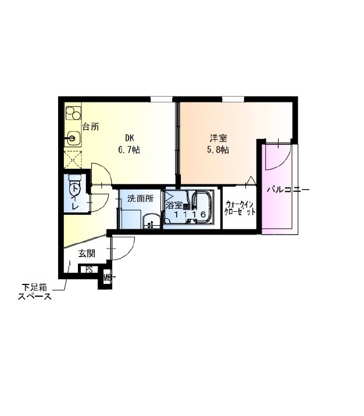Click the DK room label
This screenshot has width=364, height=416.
click(129, 138)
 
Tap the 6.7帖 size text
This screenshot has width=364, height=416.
click(129, 150)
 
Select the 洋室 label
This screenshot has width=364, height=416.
click(218, 138)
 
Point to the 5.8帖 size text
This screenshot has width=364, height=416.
click(218, 150)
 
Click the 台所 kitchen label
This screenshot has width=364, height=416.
click(91, 127)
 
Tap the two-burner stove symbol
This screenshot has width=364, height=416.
click(73, 113)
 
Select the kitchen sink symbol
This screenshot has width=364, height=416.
click(73, 138)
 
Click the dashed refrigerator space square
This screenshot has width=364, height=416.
click(73, 159)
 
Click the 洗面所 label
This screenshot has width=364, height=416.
click(140, 198)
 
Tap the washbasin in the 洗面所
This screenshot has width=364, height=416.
click(151, 221)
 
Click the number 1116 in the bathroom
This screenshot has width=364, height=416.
click(190, 214)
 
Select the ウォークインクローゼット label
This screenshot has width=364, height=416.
click(240, 208)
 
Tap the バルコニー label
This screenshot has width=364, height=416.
click(288, 190)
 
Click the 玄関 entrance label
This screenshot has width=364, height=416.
click(87, 254)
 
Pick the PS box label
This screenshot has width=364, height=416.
click(89, 269)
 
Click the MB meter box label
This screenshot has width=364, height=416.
click(108, 278)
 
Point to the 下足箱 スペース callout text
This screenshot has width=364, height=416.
click(34, 291)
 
